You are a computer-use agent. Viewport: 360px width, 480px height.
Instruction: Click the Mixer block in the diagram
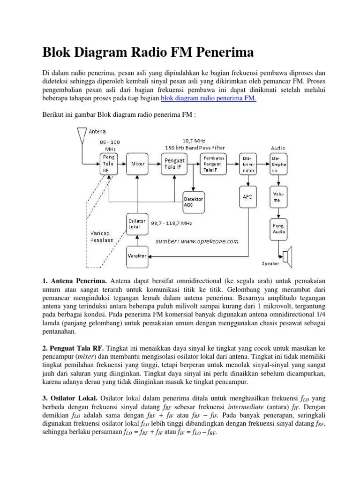tap(138, 164)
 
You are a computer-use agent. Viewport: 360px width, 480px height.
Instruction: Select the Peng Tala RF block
tap(109, 163)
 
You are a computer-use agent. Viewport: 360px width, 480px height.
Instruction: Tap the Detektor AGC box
tap(194, 201)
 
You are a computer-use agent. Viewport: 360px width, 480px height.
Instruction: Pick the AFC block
tap(247, 197)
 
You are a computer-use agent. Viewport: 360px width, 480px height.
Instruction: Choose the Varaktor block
tap(137, 256)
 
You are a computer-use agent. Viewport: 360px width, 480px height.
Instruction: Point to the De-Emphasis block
tap(278, 164)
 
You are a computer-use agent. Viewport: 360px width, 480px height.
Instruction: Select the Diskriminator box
tap(247, 164)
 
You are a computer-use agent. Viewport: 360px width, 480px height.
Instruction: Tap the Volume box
tap(278, 196)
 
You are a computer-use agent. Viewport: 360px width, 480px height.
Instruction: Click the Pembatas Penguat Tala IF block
tap(214, 164)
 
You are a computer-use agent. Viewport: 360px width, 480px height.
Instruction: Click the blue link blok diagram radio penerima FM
tap(209, 99)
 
